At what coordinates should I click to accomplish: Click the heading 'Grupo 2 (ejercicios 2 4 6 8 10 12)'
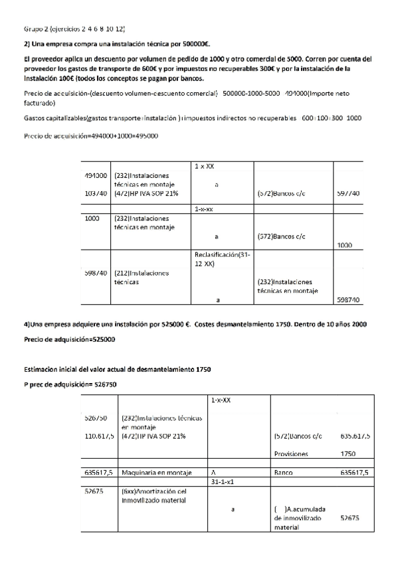74,30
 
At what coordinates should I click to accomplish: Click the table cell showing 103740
96,193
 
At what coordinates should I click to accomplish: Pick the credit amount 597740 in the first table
348,193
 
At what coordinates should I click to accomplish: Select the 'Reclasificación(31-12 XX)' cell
217,260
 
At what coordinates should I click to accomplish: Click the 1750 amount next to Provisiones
348,454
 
